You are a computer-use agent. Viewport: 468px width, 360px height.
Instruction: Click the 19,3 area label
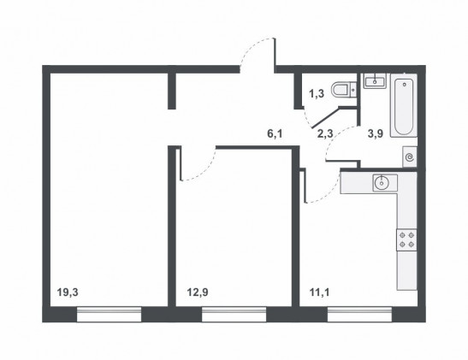(68, 292)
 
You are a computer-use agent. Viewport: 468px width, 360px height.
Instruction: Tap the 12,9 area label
(198, 292)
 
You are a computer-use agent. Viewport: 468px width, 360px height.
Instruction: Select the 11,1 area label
(319, 292)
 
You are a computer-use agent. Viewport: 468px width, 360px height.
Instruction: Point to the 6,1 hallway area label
(275, 134)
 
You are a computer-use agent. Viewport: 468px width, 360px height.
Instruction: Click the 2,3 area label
(325, 134)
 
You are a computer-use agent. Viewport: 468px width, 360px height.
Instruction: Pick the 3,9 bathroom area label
(376, 134)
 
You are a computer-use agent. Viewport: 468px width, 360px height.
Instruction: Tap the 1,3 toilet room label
(317, 94)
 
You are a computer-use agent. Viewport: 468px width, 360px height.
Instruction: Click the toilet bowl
(344, 89)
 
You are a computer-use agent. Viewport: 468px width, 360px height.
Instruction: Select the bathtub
(404, 105)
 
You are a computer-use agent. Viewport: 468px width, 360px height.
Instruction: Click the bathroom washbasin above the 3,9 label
(375, 81)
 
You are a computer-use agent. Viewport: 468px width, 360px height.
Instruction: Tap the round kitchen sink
(381, 182)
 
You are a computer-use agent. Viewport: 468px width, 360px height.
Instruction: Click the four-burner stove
(406, 239)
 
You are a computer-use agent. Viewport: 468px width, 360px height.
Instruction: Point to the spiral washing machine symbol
(410, 156)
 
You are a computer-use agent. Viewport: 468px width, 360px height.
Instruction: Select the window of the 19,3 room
(109, 315)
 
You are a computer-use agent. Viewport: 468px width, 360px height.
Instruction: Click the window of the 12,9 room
(234, 315)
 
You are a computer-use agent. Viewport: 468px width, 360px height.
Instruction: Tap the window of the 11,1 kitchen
(359, 315)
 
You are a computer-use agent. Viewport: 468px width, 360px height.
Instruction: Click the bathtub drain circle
(405, 85)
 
